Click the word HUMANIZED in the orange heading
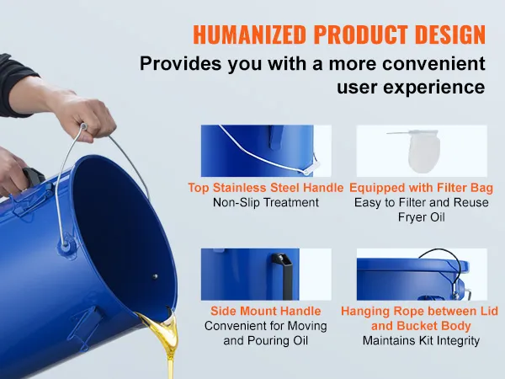[249, 35]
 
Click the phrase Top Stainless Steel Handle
[266, 188]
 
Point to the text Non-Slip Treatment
[266, 202]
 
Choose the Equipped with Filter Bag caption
[422, 188]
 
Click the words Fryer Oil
[422, 217]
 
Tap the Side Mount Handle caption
[266, 311]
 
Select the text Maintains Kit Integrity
[422, 340]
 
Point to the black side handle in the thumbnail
[282, 275]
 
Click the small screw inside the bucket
[155, 276]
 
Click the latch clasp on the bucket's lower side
[86, 325]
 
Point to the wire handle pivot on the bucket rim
[66, 244]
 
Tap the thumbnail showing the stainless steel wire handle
[266, 151]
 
